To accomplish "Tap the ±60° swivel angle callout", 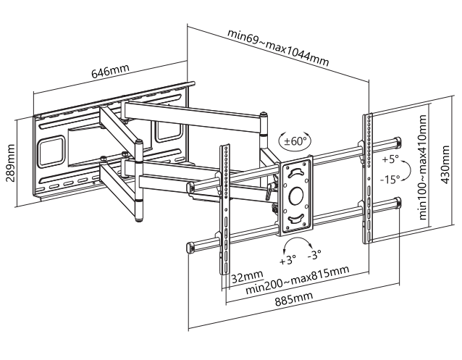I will coord(294,141).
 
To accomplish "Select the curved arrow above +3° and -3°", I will coord(298,243).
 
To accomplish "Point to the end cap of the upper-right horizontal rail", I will coord(398,142).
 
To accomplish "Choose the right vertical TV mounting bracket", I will coord(368,181).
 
